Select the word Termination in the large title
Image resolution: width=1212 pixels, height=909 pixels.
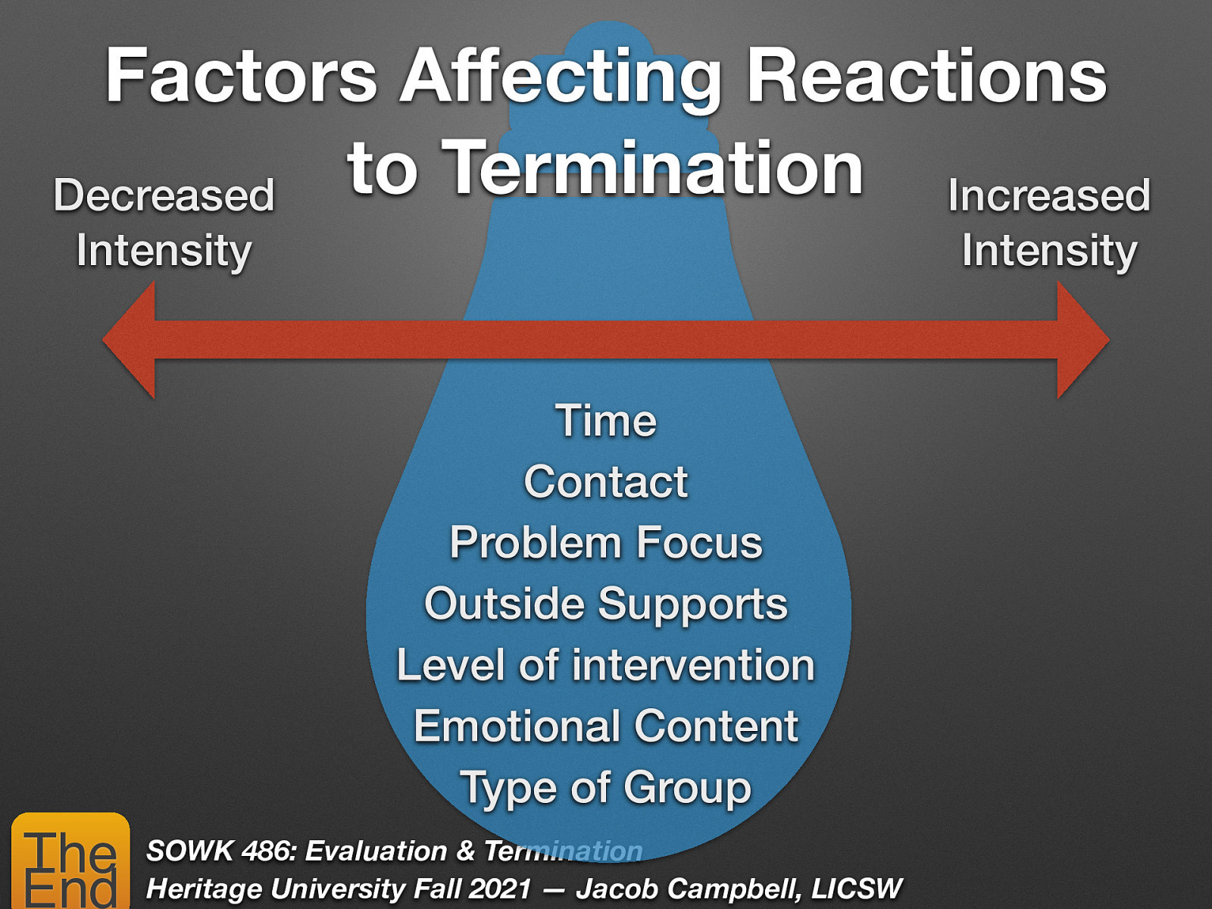point(652,168)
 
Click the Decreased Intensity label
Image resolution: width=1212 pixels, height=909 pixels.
point(164,223)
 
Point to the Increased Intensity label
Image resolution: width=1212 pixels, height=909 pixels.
point(1049,223)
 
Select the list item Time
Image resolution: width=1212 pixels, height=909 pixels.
point(606,420)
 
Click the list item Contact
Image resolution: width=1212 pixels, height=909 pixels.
point(606,482)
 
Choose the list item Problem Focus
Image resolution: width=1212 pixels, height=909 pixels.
point(606,543)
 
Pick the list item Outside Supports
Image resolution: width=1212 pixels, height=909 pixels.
point(606,604)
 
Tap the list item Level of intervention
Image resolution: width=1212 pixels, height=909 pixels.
point(606,665)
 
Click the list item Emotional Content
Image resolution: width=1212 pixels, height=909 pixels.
point(606,726)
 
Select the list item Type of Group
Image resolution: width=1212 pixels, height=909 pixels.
point(606,788)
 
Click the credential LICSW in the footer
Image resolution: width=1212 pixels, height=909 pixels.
point(857,889)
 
